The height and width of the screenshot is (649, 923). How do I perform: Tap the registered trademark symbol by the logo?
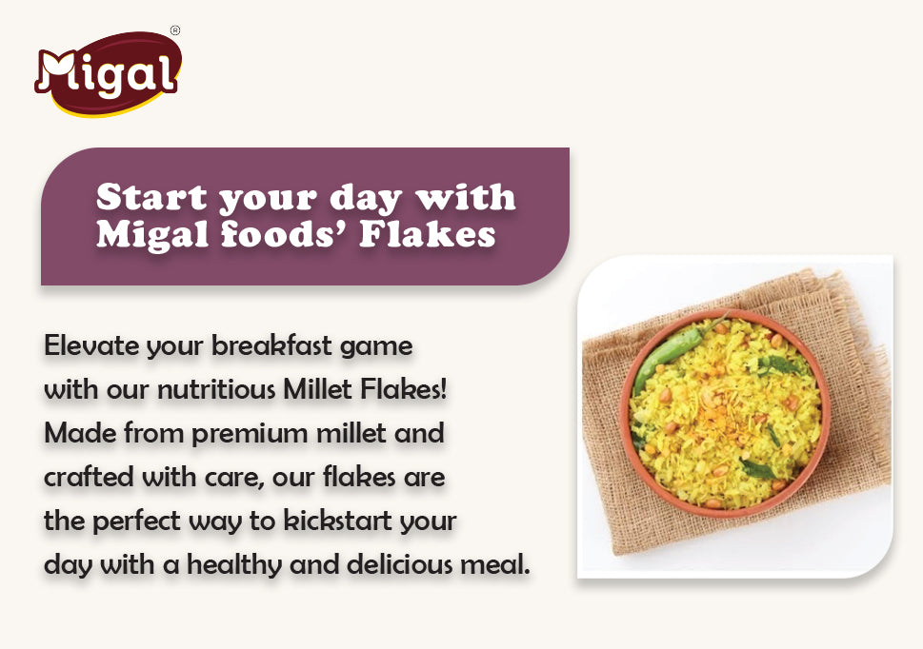[174, 31]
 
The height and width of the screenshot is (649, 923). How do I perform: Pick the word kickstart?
[344, 521]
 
